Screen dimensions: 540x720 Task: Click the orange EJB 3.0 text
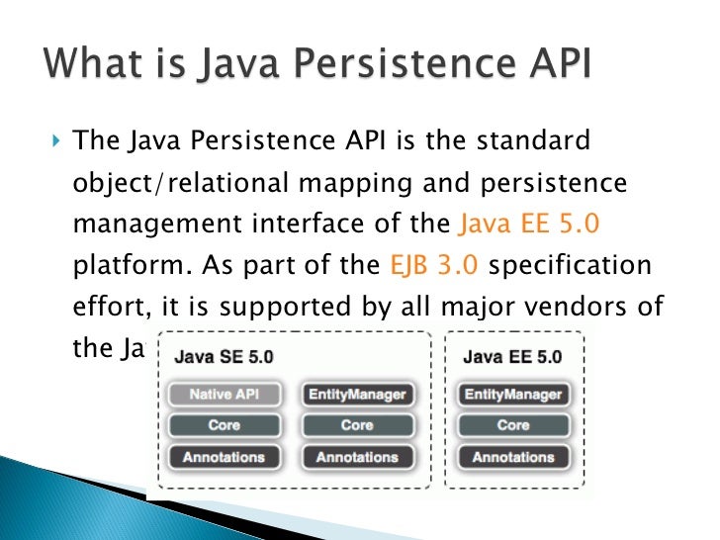(431, 266)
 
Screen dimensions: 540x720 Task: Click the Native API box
(224, 395)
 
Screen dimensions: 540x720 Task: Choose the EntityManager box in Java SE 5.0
(357, 395)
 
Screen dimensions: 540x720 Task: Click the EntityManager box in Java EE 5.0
(512, 395)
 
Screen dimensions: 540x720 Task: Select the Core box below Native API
(224, 425)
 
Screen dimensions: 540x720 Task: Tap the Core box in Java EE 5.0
(512, 425)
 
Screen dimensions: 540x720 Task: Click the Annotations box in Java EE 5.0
(512, 457)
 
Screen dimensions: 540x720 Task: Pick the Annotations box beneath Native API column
(224, 457)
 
